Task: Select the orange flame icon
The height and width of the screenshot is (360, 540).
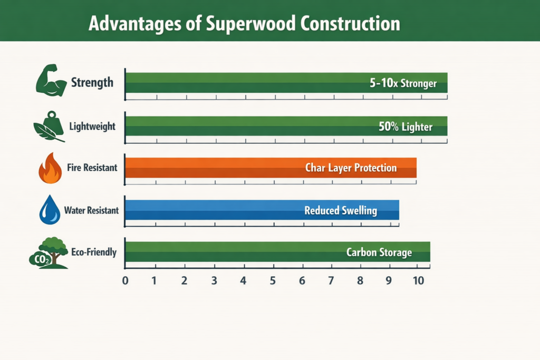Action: pos(50,168)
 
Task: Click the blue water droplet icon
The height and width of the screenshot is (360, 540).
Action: pos(50,210)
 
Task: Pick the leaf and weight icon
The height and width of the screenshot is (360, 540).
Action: pos(49,126)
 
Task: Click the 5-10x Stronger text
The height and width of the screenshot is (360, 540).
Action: pos(403,83)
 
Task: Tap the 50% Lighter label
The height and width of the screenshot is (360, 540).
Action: pos(406,127)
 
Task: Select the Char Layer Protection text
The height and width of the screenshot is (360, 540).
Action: pos(351,168)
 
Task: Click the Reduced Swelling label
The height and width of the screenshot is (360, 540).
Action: pos(341,211)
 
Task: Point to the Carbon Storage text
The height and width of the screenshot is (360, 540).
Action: pos(379,252)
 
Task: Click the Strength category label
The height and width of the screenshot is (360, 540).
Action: pos(92,83)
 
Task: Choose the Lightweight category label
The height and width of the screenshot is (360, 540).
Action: pos(92,127)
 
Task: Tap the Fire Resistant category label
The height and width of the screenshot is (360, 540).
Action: pos(92,168)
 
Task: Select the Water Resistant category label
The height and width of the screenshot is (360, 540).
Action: pos(91,211)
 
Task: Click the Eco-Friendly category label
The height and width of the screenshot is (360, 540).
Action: pos(93,252)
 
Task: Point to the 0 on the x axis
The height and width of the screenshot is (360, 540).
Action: pos(126,280)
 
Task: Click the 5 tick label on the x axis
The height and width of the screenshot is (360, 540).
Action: pos(273,280)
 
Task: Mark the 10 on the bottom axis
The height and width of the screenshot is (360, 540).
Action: pos(418,280)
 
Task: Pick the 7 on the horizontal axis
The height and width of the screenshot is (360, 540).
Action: pos(331,280)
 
